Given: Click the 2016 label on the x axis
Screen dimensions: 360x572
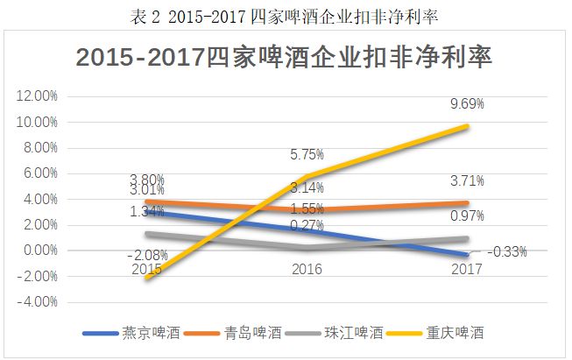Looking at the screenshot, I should [307, 268].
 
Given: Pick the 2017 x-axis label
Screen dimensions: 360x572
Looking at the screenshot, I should [467, 268].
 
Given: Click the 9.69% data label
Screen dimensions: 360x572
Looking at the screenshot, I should [467, 104].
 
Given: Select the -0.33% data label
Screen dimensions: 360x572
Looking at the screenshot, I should [506, 252].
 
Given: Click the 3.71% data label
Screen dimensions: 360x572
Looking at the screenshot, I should [467, 180].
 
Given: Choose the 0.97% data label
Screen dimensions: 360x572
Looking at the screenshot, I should [467, 215].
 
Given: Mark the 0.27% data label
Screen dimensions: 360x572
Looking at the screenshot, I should [307, 226].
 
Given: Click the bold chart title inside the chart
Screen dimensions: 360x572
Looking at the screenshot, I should [285, 57].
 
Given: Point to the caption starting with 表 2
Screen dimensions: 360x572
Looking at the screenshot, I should [285, 14].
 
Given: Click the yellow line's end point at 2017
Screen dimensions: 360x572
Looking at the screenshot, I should [468, 126].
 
